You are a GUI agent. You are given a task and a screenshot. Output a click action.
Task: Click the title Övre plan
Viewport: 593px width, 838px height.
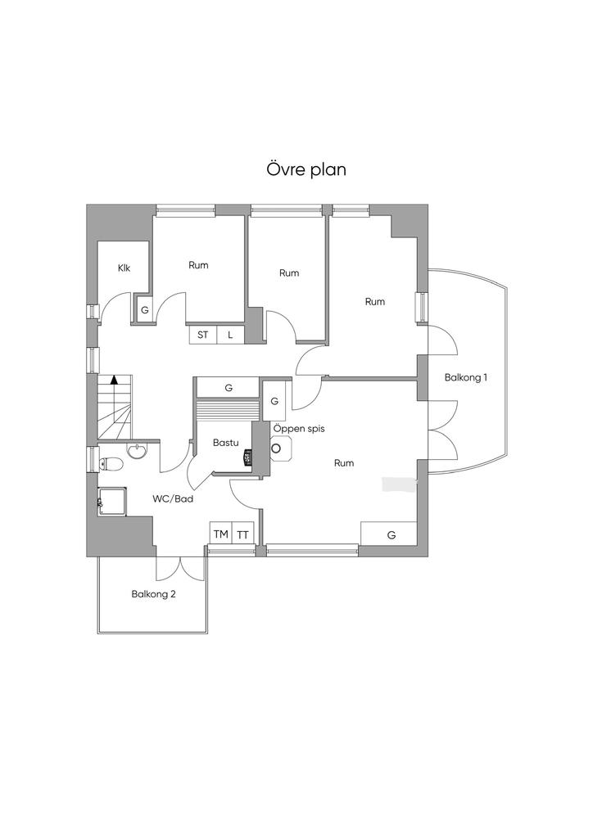306,169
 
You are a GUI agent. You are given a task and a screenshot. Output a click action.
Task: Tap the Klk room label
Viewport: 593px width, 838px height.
124,268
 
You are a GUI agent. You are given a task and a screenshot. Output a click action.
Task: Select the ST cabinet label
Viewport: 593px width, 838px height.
202,335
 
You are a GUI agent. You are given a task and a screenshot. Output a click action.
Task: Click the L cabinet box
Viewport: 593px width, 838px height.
230,335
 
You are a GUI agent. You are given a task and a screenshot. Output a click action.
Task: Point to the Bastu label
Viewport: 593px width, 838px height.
225,443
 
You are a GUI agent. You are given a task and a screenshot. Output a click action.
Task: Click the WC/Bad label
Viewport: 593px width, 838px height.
173,499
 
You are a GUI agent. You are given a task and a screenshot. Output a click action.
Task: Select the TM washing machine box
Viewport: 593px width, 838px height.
221,534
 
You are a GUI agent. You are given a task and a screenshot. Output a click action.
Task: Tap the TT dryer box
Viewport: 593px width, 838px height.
242,534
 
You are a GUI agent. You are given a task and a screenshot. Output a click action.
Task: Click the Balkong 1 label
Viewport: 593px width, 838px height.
466,377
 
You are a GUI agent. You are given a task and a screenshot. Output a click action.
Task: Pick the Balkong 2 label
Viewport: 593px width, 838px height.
154,594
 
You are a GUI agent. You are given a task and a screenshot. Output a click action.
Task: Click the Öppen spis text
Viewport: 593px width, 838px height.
299,429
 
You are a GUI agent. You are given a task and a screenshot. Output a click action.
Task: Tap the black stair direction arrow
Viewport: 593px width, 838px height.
114,380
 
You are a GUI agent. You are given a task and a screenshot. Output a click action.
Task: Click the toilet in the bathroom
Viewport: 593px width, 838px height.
110,464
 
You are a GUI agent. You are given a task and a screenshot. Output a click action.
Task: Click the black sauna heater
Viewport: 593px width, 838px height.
247,458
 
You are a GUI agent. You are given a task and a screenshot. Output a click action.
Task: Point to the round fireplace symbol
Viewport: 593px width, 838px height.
277,448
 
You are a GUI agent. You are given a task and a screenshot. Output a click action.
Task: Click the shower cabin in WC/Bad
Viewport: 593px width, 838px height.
112,502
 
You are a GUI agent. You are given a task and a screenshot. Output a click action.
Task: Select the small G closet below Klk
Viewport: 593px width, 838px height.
144,309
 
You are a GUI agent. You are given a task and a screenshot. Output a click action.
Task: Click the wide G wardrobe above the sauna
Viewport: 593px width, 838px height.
229,388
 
